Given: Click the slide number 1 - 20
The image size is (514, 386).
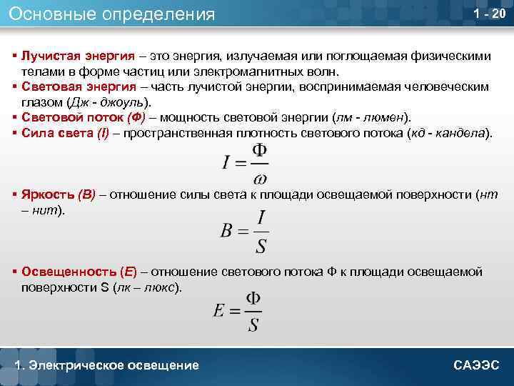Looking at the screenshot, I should click(489, 15).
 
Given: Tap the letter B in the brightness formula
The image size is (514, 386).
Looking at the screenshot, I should click(228, 230).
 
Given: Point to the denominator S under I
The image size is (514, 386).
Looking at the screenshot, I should click(261, 245).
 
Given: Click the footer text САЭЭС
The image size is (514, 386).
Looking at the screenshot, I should click(478, 365).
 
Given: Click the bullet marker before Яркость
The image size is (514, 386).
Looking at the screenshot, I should click(15, 195).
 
